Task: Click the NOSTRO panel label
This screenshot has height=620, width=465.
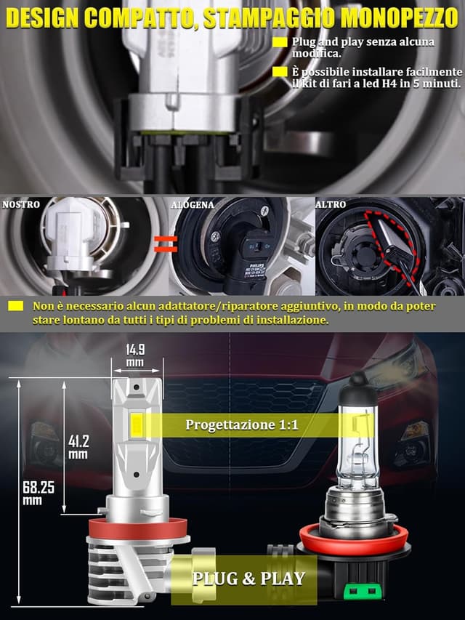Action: (21, 204)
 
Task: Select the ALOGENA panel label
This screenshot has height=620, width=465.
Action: (193, 205)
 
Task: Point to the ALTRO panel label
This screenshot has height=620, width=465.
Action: (331, 204)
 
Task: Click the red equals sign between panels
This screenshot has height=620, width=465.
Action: (166, 244)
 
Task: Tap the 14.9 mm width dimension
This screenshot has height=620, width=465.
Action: (135, 355)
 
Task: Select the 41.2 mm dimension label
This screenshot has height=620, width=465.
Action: (78, 447)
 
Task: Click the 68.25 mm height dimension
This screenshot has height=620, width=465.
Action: (38, 493)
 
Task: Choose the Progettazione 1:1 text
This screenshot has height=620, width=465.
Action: (242, 425)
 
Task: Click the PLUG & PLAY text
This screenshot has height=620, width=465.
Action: (248, 579)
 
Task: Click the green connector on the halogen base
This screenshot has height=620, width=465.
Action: (360, 591)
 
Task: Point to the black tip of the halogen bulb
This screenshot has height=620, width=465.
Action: (358, 383)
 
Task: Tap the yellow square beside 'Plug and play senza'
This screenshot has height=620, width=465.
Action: (280, 42)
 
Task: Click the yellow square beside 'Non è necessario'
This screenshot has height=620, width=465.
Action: (16, 306)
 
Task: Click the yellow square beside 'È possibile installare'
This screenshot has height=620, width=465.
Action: (280, 71)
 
